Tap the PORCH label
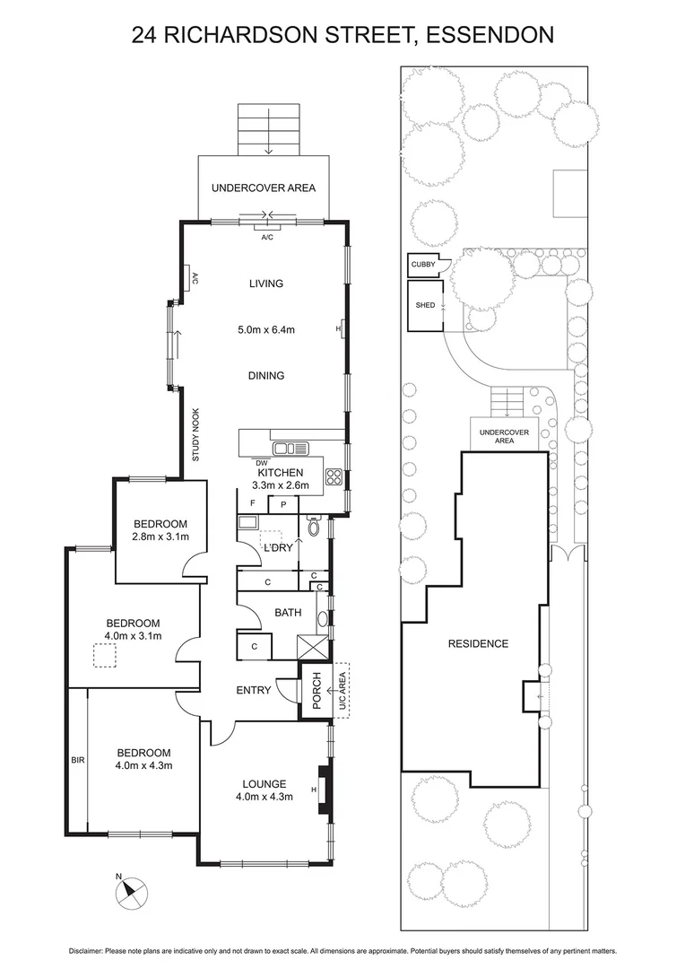[316, 690]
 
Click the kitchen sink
[290, 449]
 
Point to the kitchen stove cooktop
[334, 477]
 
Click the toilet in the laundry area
[313, 528]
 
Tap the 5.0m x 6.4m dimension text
[265, 329]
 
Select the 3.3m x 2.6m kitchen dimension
[280, 485]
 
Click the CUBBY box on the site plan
[422, 265]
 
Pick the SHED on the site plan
[425, 305]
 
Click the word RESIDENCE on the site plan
[479, 643]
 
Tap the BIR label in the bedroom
[77, 759]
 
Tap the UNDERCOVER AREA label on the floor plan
[263, 188]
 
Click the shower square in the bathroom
[310, 646]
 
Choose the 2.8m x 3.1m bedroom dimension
[160, 537]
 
